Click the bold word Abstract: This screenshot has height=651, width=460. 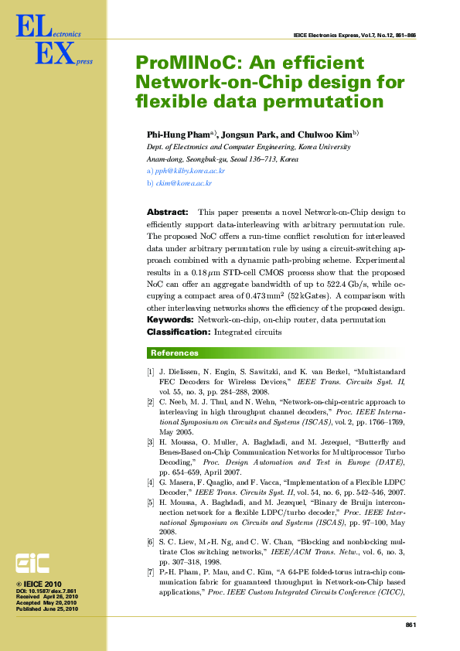click(x=167, y=212)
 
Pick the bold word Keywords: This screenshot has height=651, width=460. click(x=170, y=319)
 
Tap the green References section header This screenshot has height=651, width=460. click(x=174, y=353)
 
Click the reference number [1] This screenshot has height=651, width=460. click(x=151, y=373)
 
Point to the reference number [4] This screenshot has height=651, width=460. click(x=151, y=482)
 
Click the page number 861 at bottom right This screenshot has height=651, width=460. click(x=411, y=624)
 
